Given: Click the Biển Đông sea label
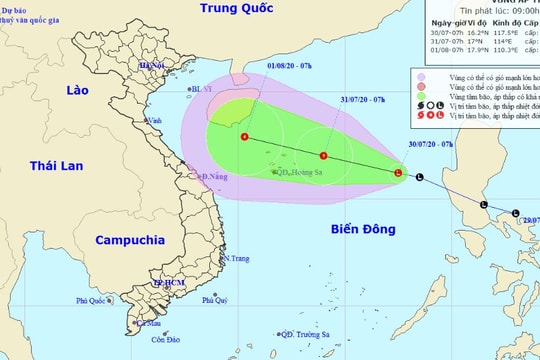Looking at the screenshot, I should click(x=365, y=229).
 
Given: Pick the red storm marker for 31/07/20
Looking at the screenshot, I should click(x=323, y=156).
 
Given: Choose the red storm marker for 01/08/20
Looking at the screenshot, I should click(x=245, y=137).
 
